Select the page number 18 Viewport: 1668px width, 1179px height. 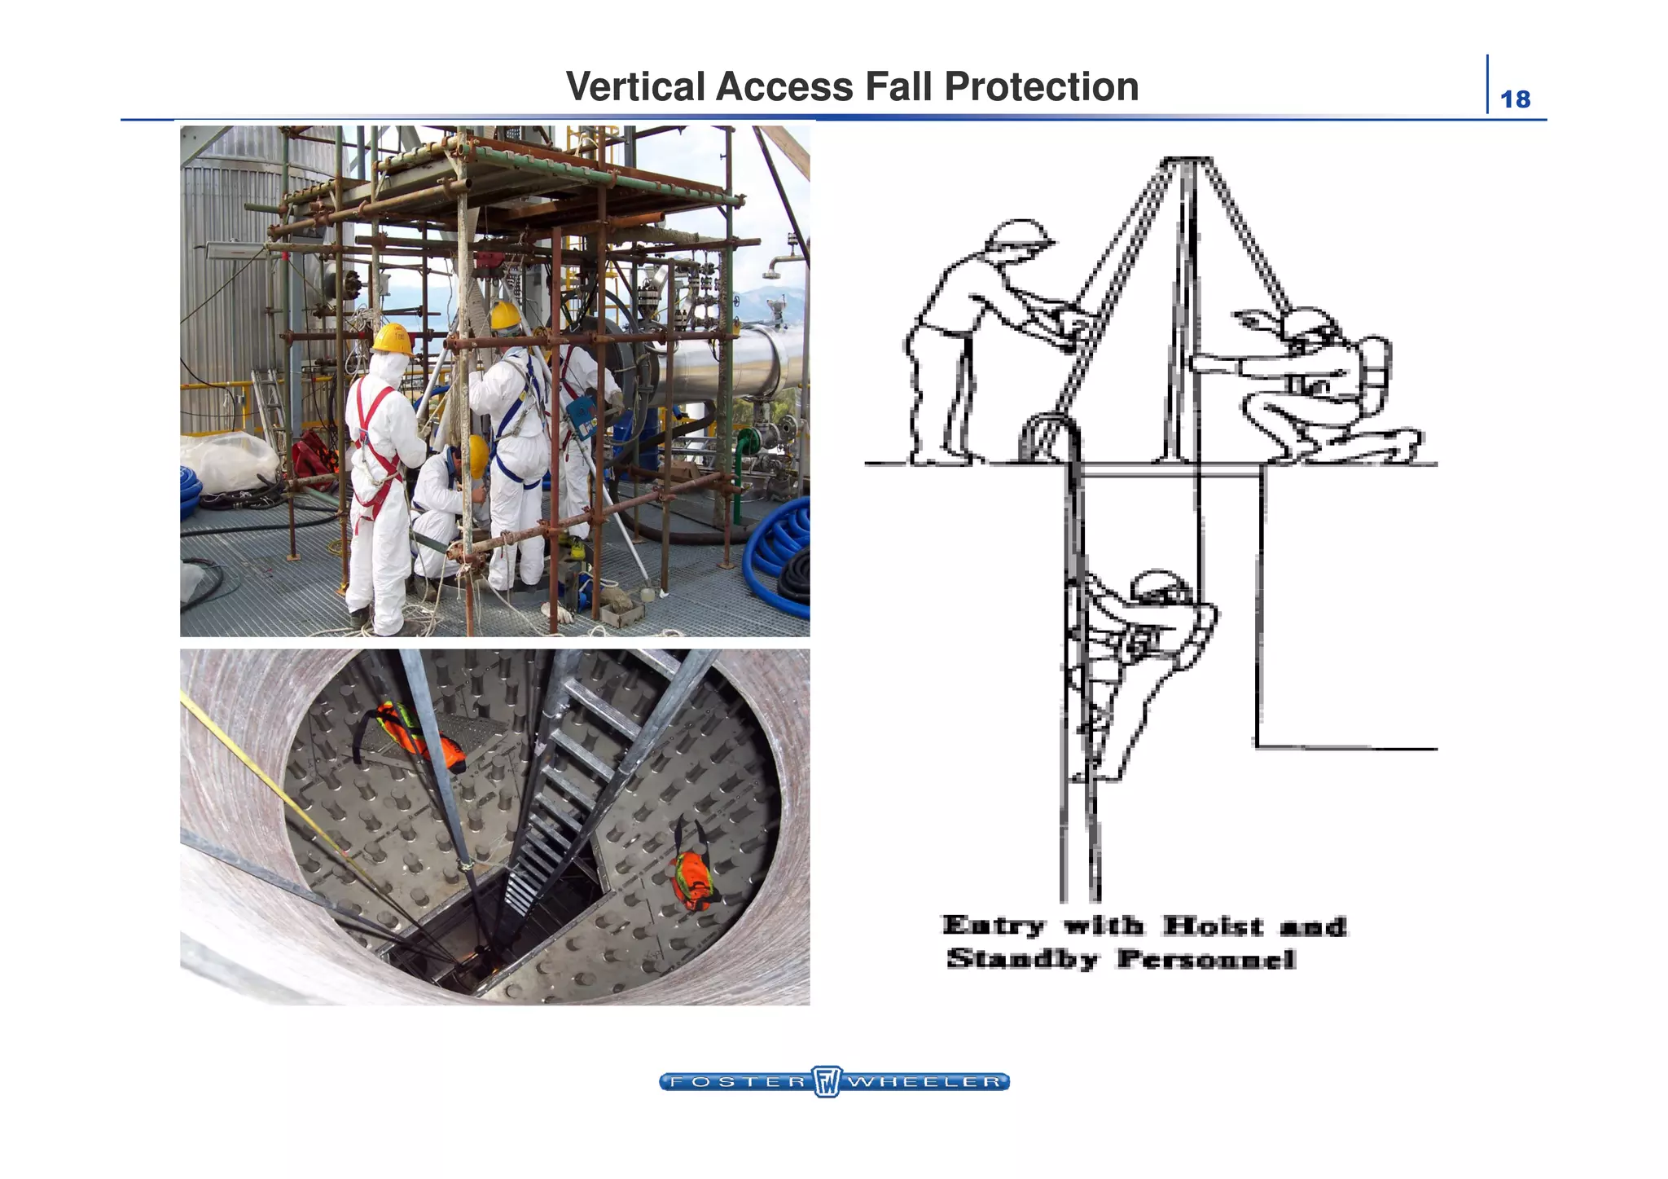click(x=1515, y=99)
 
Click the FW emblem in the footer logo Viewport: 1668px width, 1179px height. click(x=827, y=1082)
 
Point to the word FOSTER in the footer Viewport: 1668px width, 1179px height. click(x=736, y=1082)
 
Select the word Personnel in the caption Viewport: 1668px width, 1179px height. click(x=1206, y=959)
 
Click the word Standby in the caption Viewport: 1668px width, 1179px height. click(x=1022, y=959)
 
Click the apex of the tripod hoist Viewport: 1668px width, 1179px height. click(x=1186, y=161)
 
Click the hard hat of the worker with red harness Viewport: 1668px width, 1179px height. click(x=392, y=339)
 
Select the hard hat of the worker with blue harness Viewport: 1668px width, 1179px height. click(x=505, y=315)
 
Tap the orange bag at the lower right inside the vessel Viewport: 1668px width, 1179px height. click(x=691, y=879)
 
